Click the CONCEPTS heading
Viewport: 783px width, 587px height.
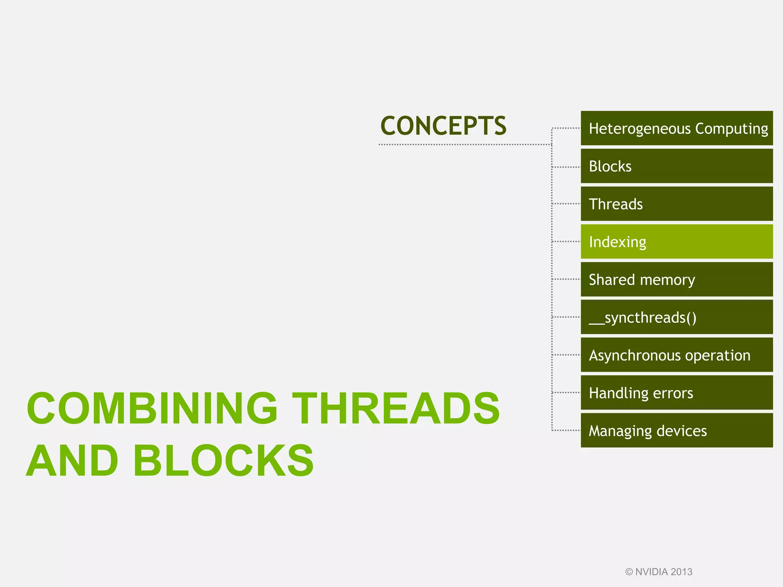[443, 126]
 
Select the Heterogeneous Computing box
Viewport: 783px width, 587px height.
[677, 128]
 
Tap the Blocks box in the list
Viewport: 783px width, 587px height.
[677, 166]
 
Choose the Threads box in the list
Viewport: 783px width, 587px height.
[677, 204]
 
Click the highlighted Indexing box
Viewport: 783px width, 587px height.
[677, 242]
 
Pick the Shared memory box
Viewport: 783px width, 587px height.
[677, 279]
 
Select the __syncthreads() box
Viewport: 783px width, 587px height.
[677, 317]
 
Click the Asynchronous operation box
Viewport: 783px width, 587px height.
[677, 355]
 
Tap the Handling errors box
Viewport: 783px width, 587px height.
[677, 393]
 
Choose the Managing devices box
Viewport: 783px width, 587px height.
[677, 430]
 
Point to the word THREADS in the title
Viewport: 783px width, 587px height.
[396, 408]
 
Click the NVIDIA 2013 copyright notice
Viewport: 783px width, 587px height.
[659, 572]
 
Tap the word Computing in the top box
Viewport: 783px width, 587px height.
[731, 129]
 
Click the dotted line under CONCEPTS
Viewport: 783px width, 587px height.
[465, 144]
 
